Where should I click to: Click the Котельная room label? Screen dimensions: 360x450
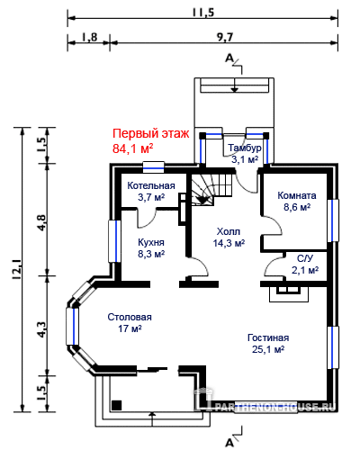pos(151,185)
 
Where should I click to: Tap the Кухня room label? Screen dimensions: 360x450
pos(151,242)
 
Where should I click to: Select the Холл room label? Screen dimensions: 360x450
pos(229,231)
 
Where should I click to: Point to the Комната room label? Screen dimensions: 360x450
pos(297,195)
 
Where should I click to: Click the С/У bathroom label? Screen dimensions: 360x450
pos(305,258)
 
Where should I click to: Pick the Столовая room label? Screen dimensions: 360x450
pos(130,317)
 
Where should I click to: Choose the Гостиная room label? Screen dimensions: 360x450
pos(268,337)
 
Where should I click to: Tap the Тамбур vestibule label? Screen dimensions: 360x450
pos(245,148)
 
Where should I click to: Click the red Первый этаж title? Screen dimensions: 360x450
pos(151,133)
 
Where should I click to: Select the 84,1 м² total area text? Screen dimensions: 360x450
pos(133,148)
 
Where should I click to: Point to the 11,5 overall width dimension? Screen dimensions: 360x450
pos(203,13)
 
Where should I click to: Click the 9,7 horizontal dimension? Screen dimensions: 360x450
pos(224,38)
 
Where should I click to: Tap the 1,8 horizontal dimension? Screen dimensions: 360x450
pos(89,38)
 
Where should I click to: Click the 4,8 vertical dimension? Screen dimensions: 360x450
pos(41,222)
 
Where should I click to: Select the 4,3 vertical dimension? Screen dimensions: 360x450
pos(41,329)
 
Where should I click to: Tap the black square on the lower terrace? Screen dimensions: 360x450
pos(117,405)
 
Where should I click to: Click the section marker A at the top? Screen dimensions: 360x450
pos(229,58)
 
